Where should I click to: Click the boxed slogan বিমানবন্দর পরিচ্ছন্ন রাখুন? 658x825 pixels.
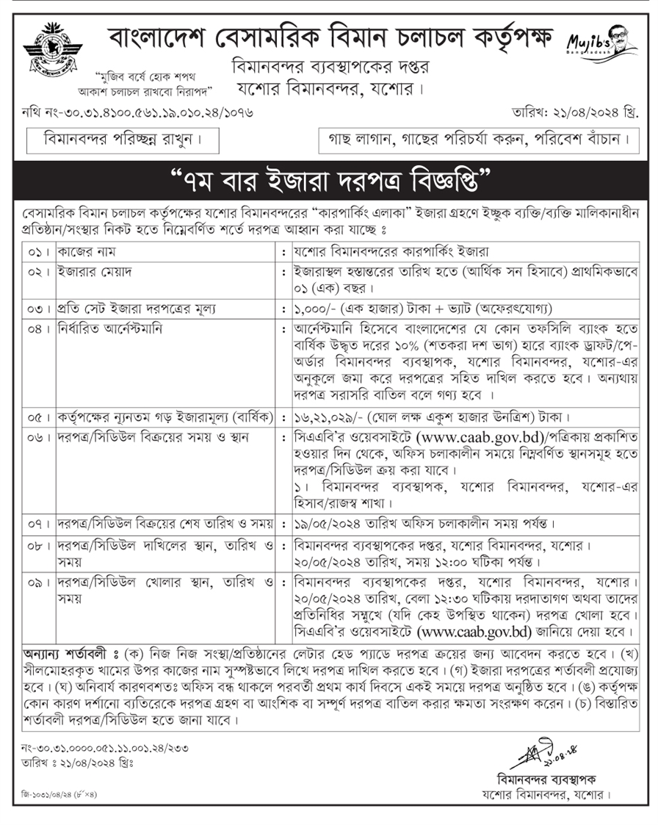(x=112, y=138)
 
